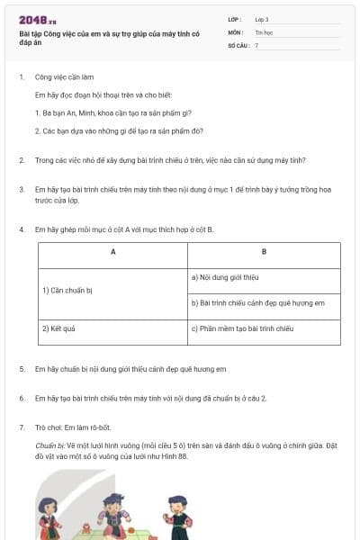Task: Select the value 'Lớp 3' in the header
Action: click(262, 18)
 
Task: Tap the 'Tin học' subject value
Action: click(263, 31)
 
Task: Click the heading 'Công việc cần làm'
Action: click(64, 77)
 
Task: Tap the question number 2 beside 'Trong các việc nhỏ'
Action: click(21, 160)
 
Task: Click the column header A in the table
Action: click(112, 252)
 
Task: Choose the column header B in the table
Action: click(264, 252)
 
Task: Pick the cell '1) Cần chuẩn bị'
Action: click(68, 290)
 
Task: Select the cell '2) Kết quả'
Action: click(59, 329)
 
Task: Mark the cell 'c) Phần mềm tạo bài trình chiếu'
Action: click(243, 329)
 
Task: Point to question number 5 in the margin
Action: click(21, 369)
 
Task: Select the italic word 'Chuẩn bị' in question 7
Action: click(48, 445)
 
